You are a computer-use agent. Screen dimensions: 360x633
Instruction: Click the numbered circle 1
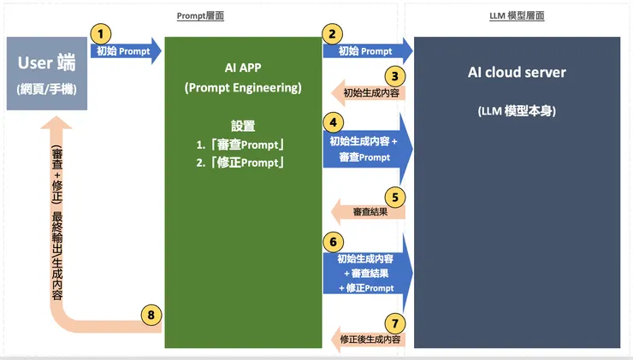click(x=101, y=33)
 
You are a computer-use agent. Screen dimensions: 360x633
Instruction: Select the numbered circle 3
click(x=393, y=75)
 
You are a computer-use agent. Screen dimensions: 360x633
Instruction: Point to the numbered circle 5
click(x=393, y=196)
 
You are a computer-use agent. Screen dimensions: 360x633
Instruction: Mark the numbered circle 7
click(x=393, y=323)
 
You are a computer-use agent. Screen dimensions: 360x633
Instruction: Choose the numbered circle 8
click(x=151, y=315)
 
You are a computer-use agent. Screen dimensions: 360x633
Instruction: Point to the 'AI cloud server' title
click(x=518, y=73)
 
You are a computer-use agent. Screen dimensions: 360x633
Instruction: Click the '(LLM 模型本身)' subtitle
click(x=518, y=112)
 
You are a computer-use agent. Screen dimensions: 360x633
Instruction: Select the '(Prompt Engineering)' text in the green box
click(x=243, y=87)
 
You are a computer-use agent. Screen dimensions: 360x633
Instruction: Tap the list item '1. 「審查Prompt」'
click(x=240, y=144)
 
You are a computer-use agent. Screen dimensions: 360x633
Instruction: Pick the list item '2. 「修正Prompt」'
click(x=240, y=162)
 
